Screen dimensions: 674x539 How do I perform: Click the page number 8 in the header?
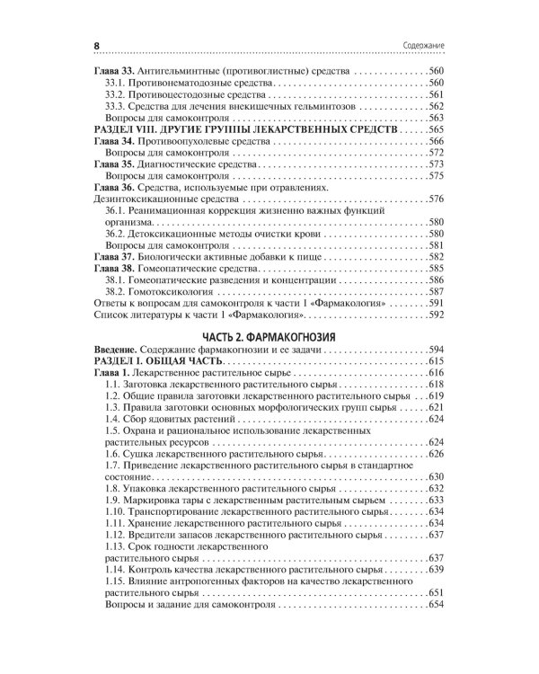tap(96, 45)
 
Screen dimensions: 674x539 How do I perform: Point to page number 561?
tap(435, 94)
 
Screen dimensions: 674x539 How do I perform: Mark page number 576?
tap(435, 199)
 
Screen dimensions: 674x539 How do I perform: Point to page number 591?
tap(435, 304)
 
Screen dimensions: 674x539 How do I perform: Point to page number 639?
tap(435, 570)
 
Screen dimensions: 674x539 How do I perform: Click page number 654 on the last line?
tap(435, 605)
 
